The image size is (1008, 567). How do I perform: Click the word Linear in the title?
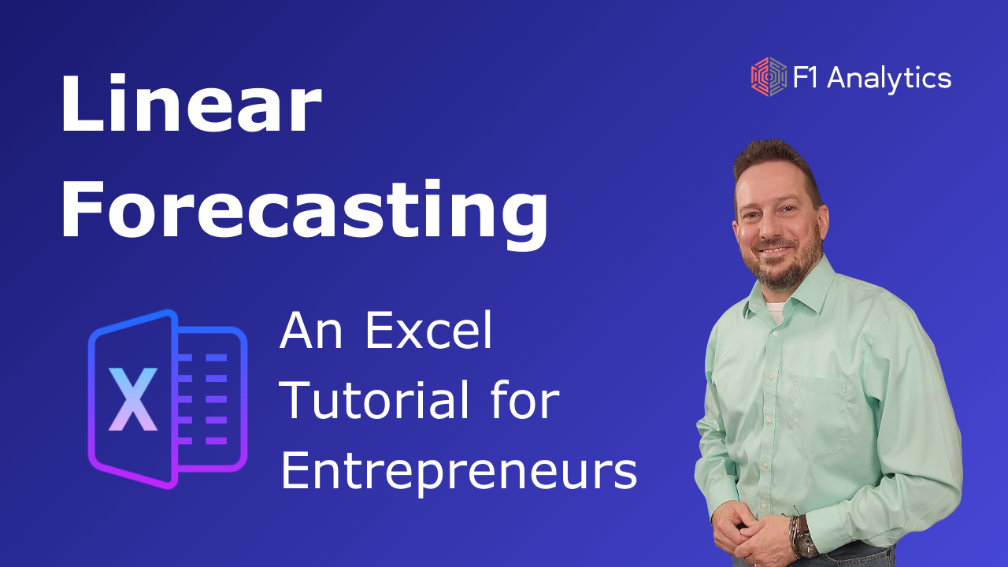[191, 102]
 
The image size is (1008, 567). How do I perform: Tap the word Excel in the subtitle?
[429, 330]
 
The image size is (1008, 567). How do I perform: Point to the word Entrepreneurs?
[459, 472]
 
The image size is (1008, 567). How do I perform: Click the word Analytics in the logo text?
[889, 79]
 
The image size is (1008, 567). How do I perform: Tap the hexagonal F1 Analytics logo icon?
[769, 76]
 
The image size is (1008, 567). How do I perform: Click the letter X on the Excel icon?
[133, 399]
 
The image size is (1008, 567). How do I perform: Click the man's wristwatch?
[804, 539]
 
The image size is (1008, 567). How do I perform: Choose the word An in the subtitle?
[311, 330]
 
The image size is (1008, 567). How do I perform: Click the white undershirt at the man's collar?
[776, 311]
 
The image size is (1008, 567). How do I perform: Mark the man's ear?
[823, 224]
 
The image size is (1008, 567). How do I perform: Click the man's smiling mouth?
[775, 250]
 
